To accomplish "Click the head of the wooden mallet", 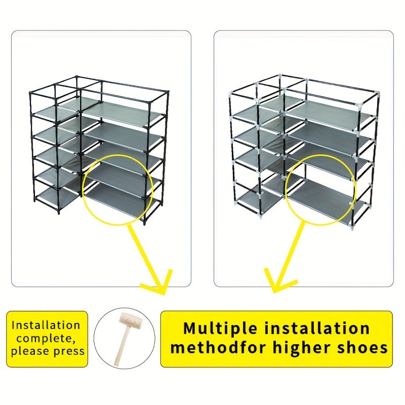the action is tap(131, 321).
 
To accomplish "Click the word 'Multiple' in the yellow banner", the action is tap(220, 329).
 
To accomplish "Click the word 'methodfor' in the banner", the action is tap(219, 347).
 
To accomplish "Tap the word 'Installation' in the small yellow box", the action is tap(46, 325).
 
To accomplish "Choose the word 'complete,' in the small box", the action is tap(46, 338).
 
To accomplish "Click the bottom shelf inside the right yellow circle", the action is tap(320, 197).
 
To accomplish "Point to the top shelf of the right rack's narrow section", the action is tap(258, 111).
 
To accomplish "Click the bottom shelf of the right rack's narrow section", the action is tap(260, 198).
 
